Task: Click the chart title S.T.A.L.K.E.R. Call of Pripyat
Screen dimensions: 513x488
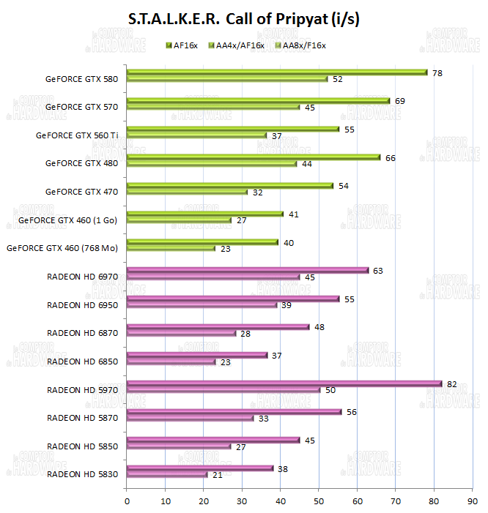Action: coord(243,19)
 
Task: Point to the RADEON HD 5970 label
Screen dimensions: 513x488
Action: coord(82,389)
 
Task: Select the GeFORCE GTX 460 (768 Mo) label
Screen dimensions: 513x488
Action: coord(62,248)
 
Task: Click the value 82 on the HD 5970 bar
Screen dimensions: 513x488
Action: coord(451,383)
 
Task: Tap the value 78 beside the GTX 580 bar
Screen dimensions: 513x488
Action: coord(437,72)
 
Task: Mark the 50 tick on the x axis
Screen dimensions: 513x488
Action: coord(319,501)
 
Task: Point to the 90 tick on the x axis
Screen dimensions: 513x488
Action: coord(473,501)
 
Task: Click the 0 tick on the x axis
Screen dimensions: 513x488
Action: coord(127,501)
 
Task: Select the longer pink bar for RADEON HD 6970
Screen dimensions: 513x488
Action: coord(248,270)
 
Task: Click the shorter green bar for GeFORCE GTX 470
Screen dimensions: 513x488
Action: coord(188,192)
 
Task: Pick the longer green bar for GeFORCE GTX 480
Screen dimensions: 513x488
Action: coord(254,157)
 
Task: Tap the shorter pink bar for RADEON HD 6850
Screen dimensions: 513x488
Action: coord(171,362)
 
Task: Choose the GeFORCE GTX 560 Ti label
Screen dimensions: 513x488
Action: coord(77,135)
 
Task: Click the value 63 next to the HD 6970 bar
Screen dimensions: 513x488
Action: coord(379,270)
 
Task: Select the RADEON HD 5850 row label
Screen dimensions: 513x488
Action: coord(82,446)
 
